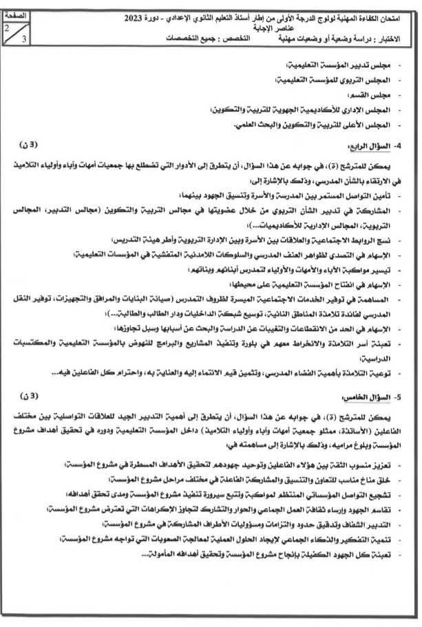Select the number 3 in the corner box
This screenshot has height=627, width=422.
pyautogui.click(x=23, y=40)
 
